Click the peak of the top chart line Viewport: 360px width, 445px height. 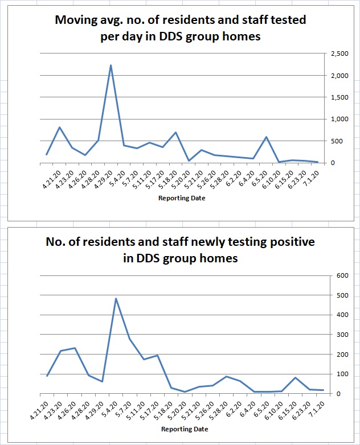111,65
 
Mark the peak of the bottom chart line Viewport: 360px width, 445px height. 116,298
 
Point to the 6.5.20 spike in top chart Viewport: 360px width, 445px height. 266,137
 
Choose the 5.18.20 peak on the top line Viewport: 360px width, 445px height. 175,132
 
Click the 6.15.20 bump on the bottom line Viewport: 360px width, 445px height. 295,377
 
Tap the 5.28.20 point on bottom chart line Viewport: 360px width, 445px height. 226,376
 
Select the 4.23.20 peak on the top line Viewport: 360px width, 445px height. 59,127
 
